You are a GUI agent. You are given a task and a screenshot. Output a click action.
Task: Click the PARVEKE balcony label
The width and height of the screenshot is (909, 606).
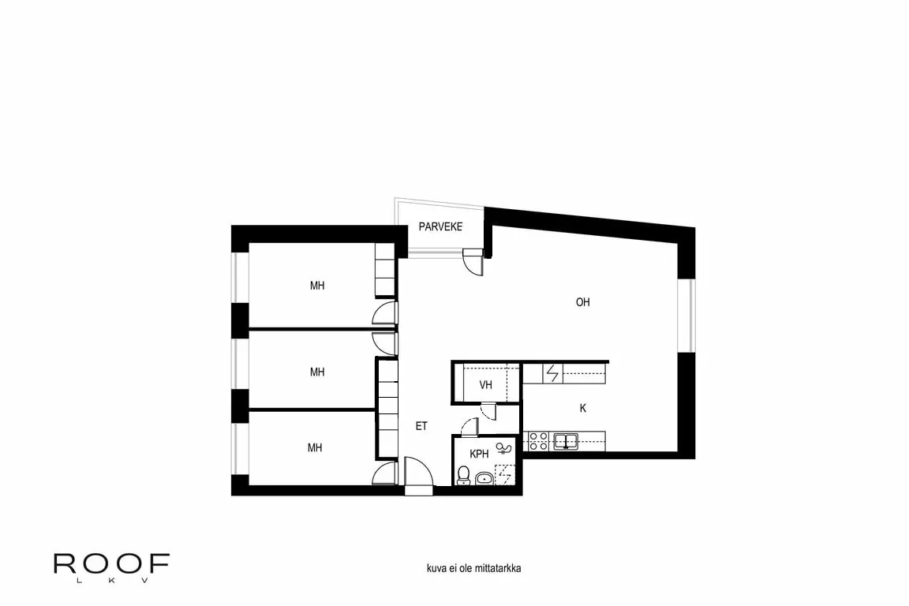[x=440, y=227]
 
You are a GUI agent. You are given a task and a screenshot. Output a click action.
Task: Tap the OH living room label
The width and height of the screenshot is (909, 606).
[x=583, y=302]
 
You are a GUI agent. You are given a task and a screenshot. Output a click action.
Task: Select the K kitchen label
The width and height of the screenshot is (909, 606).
[x=583, y=408]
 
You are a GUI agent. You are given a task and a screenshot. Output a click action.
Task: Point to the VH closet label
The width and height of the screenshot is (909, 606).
[x=486, y=385]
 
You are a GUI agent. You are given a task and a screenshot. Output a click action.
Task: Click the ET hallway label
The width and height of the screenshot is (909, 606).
[x=421, y=426]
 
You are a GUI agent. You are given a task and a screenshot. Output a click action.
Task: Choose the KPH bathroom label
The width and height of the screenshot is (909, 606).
[x=479, y=454]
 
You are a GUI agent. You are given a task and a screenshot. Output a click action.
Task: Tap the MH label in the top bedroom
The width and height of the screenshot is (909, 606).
[x=317, y=286]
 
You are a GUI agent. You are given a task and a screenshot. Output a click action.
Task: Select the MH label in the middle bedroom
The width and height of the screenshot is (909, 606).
[x=317, y=372]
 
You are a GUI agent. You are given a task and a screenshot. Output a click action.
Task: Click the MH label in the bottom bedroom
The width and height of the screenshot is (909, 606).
[x=316, y=448]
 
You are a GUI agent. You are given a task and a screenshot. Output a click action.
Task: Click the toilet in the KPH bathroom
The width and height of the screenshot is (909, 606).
[x=464, y=476]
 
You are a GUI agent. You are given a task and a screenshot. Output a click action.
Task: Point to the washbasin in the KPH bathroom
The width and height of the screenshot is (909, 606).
[x=484, y=477]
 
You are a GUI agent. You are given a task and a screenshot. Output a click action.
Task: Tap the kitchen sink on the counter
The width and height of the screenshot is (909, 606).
[x=566, y=440]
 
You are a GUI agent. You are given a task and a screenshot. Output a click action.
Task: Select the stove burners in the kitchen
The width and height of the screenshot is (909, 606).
[x=539, y=440]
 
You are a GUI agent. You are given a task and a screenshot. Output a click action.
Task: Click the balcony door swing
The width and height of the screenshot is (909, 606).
[x=473, y=261]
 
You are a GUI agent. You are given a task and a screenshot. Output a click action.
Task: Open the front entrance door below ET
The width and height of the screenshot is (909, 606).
[x=418, y=477]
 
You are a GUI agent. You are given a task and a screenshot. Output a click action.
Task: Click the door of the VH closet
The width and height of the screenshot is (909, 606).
[x=487, y=410]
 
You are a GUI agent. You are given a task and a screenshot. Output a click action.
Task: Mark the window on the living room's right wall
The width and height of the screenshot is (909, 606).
[x=686, y=314]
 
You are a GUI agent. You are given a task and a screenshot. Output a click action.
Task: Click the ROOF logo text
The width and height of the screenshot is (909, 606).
[x=111, y=563]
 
